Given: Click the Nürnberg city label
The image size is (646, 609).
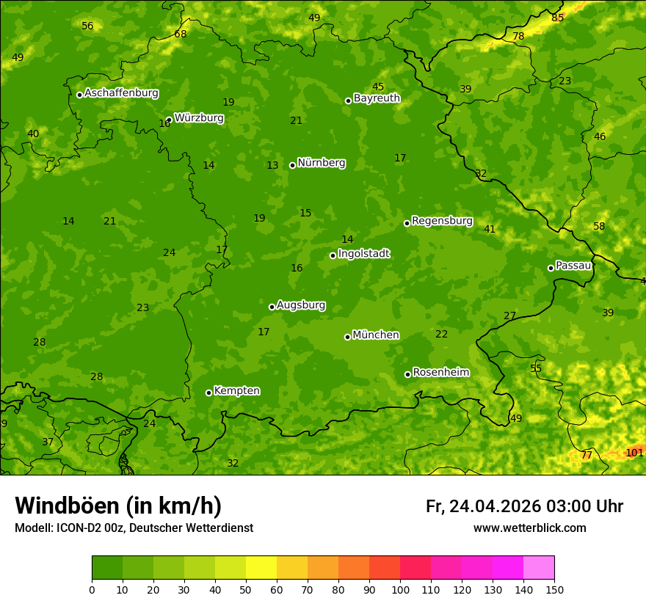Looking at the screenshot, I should pos(321,163).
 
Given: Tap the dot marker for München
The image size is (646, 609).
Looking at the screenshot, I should pos(347,337).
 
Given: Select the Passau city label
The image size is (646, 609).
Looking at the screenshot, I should pos(573,266).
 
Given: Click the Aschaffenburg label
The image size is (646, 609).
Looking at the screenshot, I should pos(121,93).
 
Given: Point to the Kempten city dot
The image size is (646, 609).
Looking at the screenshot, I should pos(208,393).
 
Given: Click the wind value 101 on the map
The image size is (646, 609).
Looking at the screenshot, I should pos(634,453).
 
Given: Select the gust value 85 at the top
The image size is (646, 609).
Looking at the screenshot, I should pos(558,18).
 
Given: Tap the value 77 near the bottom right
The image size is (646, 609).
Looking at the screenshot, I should pos(587,455).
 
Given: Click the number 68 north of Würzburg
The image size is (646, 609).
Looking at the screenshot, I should pos(181,34).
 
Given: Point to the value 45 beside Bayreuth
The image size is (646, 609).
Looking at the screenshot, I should pos(378,87).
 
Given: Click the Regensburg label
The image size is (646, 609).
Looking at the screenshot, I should pos(442,221).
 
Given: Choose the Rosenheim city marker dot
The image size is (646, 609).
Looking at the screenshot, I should pos(407,374).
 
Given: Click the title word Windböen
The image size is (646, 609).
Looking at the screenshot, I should pos(68,506).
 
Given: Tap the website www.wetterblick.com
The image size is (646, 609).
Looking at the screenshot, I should pos(529,528).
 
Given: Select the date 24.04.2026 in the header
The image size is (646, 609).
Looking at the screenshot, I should pos(494,506).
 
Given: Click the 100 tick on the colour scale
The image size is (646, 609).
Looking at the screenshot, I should pos(400,588).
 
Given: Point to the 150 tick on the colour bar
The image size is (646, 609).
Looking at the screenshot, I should pos(554,588).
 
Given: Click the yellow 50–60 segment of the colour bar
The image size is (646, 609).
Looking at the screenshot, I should pos(261,568).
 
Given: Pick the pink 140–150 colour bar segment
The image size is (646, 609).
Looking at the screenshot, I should pos(539,568).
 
